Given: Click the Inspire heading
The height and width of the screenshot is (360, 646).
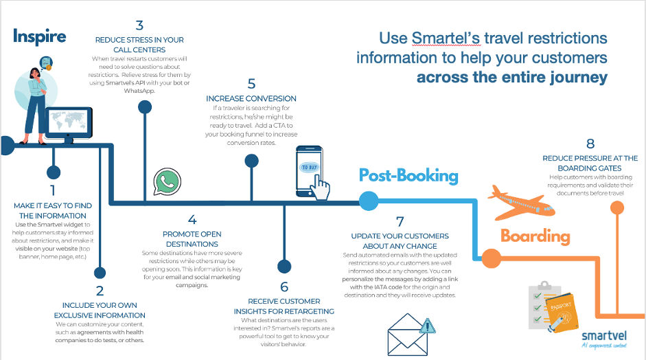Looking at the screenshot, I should click(x=39, y=36).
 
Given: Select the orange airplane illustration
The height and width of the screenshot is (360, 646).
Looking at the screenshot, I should click(x=520, y=199).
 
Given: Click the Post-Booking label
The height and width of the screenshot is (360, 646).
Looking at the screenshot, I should click(x=408, y=175).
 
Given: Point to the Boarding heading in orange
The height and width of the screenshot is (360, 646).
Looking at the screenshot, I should click(x=535, y=237).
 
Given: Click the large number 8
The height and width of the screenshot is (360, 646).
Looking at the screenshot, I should click(x=590, y=144).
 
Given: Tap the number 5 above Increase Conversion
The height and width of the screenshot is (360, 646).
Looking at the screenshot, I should click(x=251, y=84).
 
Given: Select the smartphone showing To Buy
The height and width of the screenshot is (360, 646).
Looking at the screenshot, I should click(x=310, y=171).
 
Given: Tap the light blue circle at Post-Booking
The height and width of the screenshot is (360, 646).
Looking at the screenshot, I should click(x=369, y=201).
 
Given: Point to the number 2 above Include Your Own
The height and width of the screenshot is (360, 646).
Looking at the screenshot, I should click(x=100, y=291).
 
